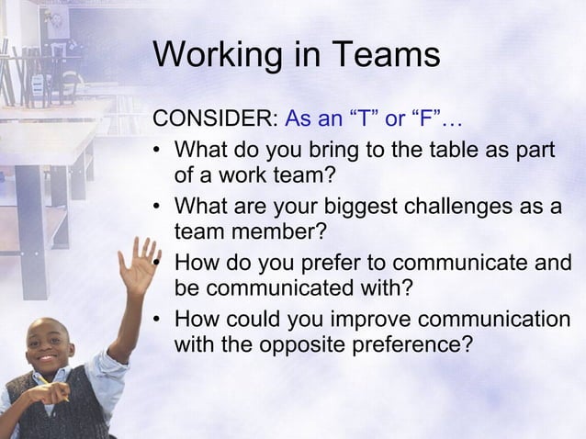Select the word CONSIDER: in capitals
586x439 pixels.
(215, 119)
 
